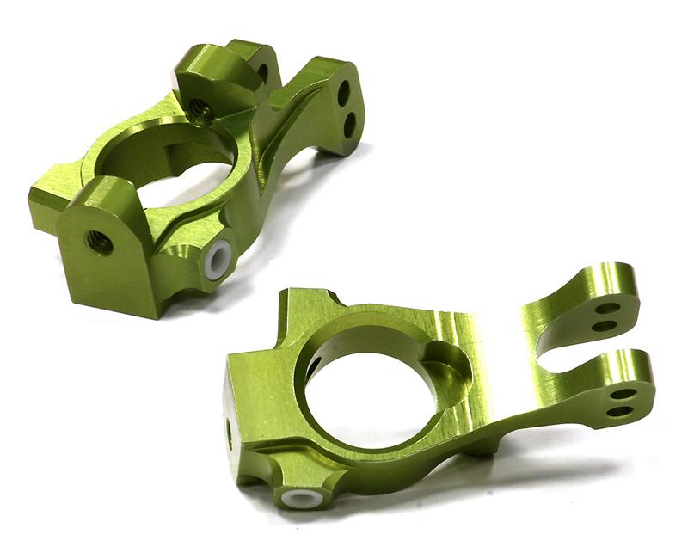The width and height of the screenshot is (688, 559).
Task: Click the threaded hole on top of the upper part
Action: [200, 108]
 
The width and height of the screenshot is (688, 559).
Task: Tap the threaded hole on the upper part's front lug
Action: [100, 243]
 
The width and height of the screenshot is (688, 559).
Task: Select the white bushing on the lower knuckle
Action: [297, 498]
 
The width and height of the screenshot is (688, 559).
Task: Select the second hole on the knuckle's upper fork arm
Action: [604, 326]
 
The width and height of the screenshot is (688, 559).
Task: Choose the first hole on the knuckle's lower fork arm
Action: [624, 394]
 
